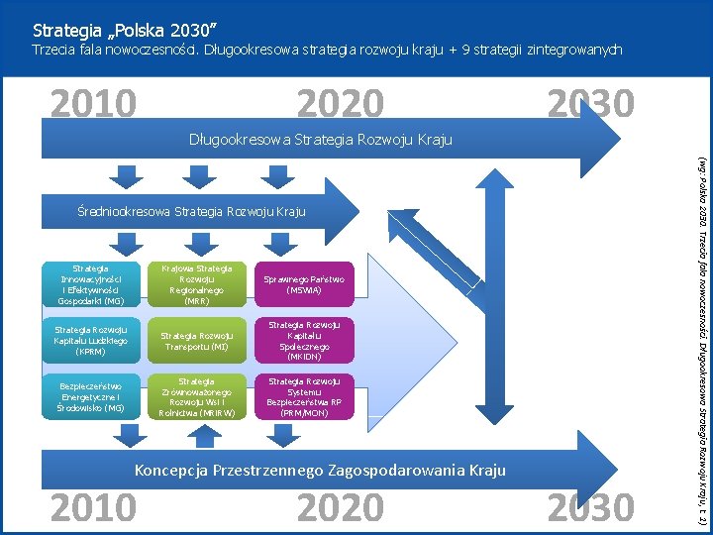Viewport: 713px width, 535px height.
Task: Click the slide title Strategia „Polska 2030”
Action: [124, 29]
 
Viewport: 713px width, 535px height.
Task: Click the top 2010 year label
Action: [93, 103]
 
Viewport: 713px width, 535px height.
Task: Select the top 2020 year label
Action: [340, 103]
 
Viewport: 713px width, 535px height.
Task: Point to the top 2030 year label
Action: [590, 103]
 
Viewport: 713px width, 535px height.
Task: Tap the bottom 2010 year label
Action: [93, 507]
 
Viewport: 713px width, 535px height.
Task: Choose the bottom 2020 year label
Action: [340, 507]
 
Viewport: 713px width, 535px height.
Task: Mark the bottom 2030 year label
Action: [590, 507]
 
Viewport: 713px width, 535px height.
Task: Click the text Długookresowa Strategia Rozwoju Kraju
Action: [320, 140]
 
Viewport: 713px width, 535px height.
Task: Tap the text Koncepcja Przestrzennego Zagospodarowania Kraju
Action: [320, 470]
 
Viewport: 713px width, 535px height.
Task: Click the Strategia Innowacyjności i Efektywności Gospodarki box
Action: [91, 284]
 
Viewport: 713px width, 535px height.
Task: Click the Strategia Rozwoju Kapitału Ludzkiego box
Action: [91, 341]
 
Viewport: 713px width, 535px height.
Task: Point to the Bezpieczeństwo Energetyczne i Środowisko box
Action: [91, 396]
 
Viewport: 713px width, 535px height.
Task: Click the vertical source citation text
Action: [701, 337]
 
